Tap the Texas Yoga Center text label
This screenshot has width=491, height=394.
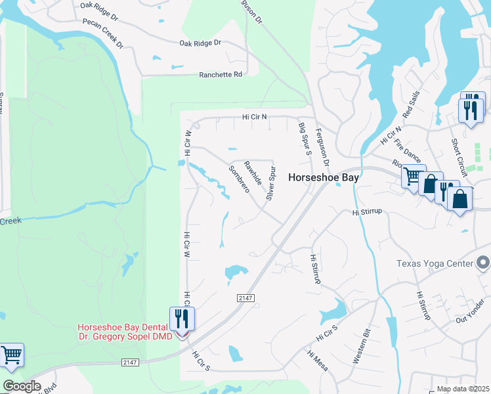tap(435, 263)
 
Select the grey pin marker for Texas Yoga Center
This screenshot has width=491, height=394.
tap(483, 263)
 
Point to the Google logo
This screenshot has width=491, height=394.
tap(22, 386)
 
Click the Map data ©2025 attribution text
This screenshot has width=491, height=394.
tap(463, 389)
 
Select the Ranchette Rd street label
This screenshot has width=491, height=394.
tap(221, 75)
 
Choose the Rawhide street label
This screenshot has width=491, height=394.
tap(253, 171)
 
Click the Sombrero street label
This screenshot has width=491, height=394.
tap(239, 179)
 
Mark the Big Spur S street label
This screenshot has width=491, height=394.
tap(304, 139)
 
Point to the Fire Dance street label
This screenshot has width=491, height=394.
tap(409, 154)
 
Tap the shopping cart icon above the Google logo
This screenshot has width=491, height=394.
tap(12, 355)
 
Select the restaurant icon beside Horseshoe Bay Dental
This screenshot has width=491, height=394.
tap(181, 319)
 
